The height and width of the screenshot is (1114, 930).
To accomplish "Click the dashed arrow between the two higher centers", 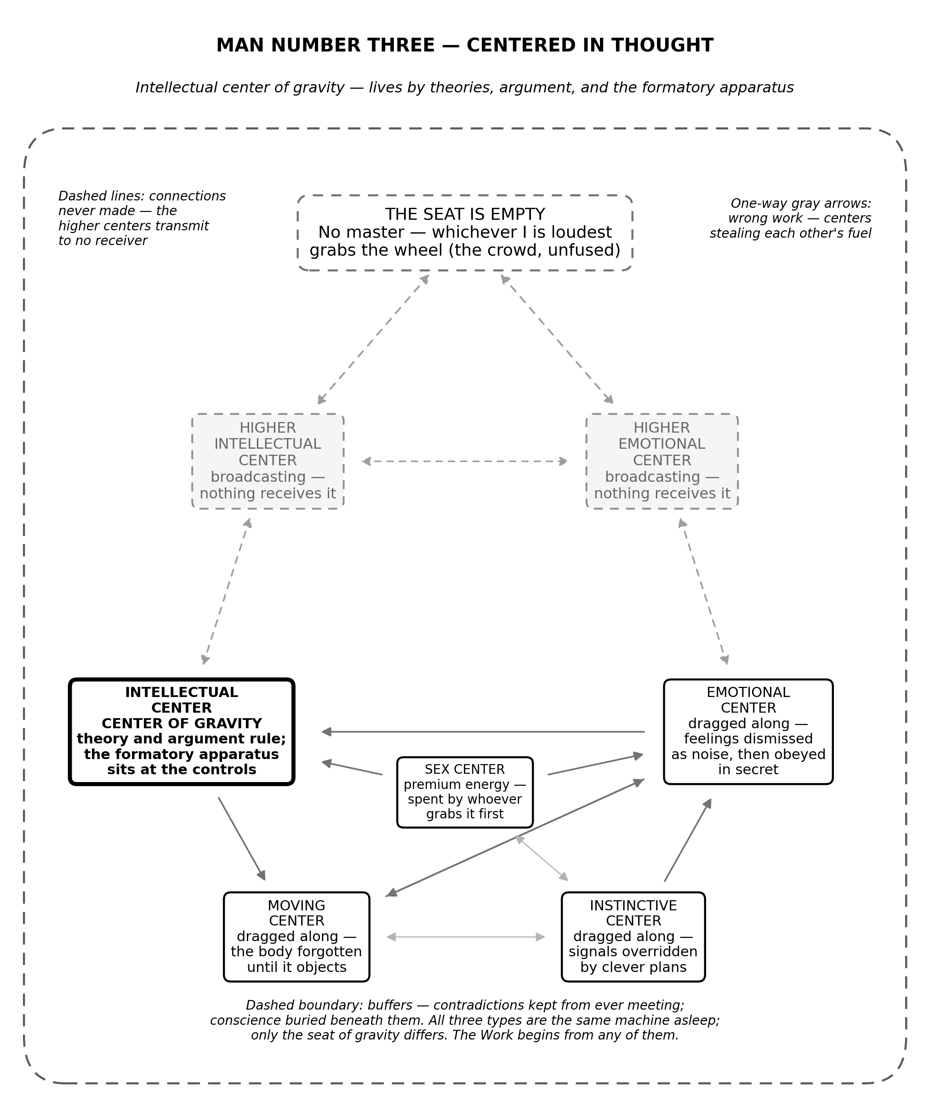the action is tap(465, 462).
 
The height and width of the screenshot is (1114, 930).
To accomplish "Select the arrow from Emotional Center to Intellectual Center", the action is tap(483, 732).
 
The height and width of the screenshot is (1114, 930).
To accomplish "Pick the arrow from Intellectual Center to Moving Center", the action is tap(241, 839).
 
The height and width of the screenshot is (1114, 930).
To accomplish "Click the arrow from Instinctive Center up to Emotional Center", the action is tap(688, 840).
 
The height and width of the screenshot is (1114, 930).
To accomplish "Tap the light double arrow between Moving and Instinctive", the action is tap(466, 937).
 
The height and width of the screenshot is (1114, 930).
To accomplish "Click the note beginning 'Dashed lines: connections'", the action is tap(142, 218).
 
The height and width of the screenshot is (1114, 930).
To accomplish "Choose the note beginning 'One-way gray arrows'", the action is tap(790, 218).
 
